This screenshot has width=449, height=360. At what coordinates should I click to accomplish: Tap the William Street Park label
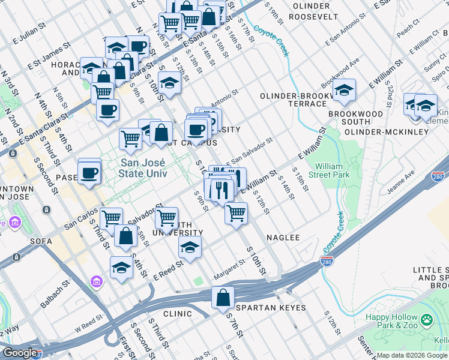coord(332,170)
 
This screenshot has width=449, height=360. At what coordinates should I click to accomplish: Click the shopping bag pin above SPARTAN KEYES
coord(223,298)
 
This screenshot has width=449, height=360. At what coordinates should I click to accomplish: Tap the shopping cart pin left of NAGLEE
coord(237,213)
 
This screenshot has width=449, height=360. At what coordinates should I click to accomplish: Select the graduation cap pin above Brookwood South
coord(344,91)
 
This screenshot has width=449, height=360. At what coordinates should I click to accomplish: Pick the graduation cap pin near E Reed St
coord(190,247)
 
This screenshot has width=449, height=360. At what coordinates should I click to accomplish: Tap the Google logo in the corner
coord(20,353)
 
